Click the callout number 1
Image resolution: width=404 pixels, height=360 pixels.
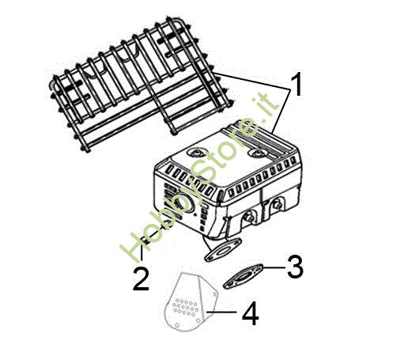point(297,85)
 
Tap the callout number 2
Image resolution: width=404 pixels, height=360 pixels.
point(141,279)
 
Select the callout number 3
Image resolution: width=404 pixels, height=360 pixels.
point(295,267)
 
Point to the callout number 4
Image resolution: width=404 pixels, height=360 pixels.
point(251,314)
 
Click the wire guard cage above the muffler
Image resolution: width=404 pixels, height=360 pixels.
point(140,85)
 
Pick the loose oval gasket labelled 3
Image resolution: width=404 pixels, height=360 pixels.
point(243,276)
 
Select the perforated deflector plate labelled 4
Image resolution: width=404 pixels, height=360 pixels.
point(191,301)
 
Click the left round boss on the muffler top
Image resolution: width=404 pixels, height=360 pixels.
point(194,153)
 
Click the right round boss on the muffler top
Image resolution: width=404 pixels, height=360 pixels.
point(256,153)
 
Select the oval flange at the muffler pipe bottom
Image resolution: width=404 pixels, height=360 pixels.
point(223,250)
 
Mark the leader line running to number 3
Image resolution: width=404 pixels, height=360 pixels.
point(274,267)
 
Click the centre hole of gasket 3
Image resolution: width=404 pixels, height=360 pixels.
point(243,277)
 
